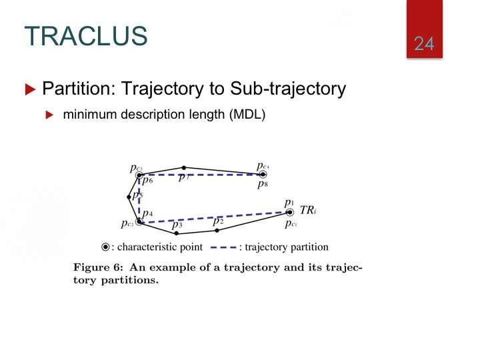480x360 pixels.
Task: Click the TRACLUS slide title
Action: click(x=86, y=36)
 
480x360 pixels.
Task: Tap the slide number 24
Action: click(x=424, y=43)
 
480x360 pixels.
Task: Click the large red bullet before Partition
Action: click(x=30, y=89)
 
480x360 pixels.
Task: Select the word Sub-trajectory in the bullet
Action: click(x=288, y=89)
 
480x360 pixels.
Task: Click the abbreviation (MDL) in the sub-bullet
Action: click(x=247, y=115)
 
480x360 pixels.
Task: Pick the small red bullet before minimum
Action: click(x=49, y=115)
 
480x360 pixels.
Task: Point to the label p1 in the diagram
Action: click(x=289, y=203)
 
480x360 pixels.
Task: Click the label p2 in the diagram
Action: click(x=218, y=221)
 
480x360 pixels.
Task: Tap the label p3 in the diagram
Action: click(x=177, y=225)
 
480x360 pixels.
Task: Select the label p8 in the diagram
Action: click(x=263, y=184)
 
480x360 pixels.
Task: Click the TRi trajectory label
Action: click(x=307, y=210)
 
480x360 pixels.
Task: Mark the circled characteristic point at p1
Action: click(x=289, y=212)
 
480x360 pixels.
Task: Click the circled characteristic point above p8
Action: click(x=263, y=175)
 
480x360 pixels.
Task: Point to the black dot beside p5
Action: click(x=129, y=197)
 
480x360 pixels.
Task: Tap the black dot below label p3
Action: click(x=176, y=233)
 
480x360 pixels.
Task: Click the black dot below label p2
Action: click(x=217, y=231)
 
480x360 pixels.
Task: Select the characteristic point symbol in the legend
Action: click(x=105, y=247)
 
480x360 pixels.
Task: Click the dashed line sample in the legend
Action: click(x=224, y=247)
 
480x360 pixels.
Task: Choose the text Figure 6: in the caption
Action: click(x=98, y=267)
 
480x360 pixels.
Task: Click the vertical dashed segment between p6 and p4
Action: click(x=139, y=198)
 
